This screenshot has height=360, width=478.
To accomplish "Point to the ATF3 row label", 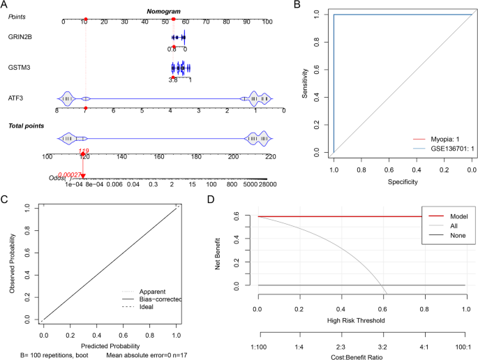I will pos(17,99).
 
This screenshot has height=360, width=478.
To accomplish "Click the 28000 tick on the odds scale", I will pos(268,184).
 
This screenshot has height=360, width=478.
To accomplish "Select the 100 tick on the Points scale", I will pos(267,22).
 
